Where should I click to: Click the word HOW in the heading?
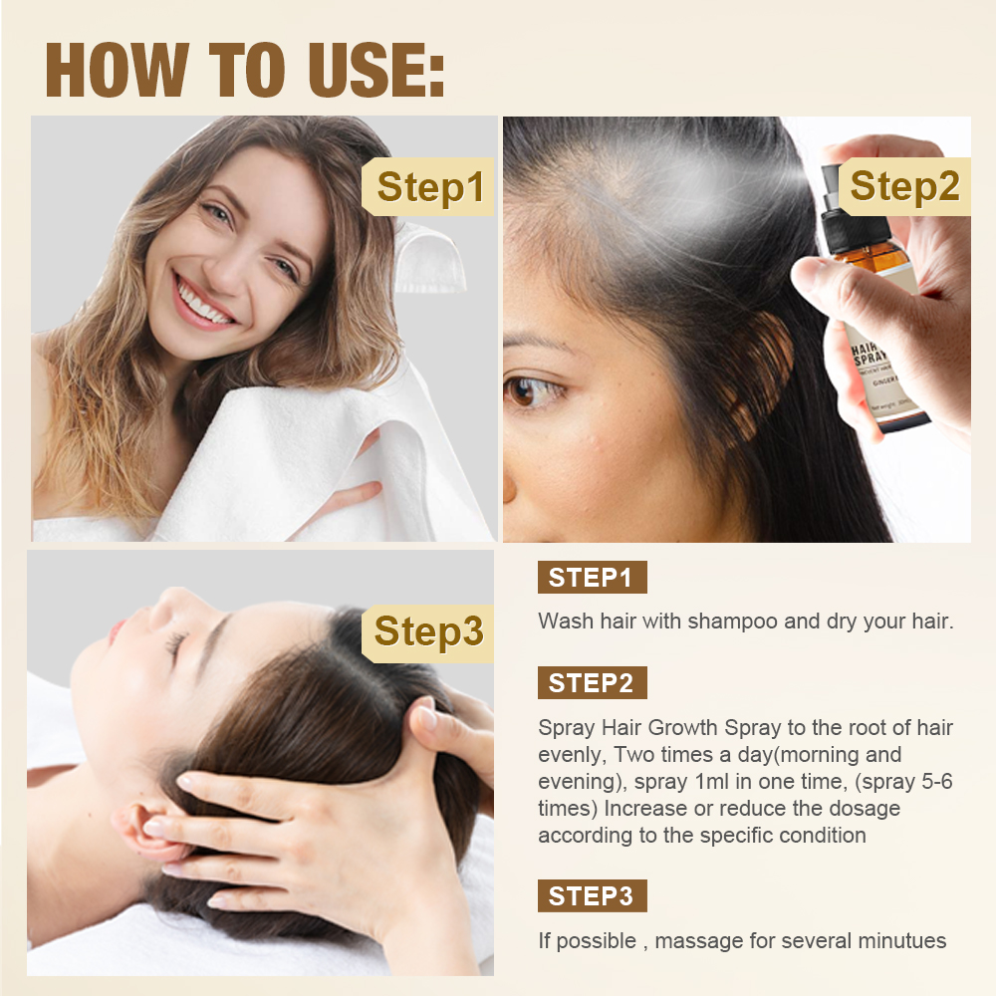point(118,70)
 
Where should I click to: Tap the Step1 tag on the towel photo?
point(428,187)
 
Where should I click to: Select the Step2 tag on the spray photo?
point(904,187)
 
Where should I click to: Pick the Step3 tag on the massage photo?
point(428,633)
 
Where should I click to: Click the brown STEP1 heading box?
point(592,578)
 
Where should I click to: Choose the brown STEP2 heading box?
point(592,683)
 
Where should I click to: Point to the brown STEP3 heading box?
point(592,896)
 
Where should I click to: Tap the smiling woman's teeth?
point(202,305)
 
